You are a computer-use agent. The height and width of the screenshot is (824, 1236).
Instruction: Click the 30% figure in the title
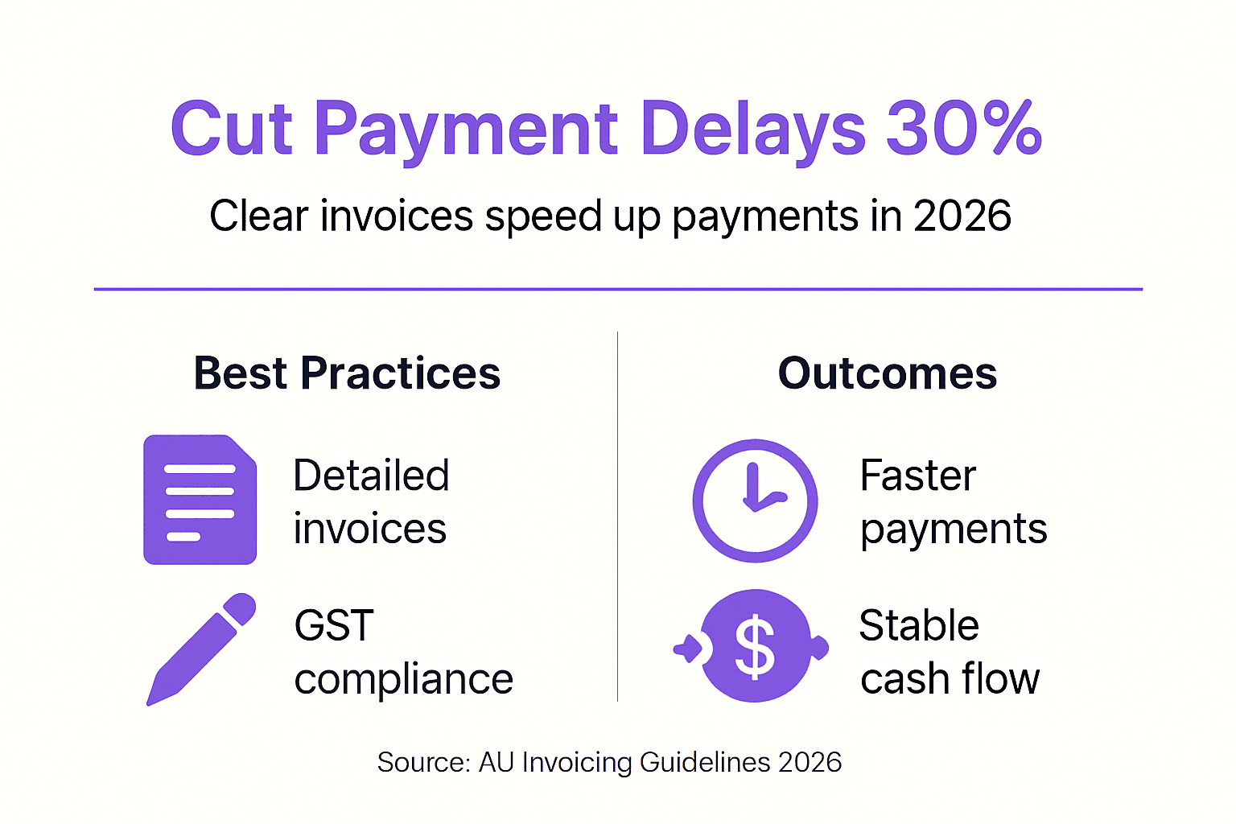(x=963, y=129)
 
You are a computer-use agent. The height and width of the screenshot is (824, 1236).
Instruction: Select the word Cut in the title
(x=231, y=129)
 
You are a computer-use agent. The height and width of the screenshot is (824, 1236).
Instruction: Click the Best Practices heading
(x=347, y=373)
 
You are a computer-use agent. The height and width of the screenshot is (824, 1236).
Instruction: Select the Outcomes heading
(x=887, y=373)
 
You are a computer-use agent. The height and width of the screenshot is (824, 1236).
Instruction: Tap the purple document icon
(x=200, y=500)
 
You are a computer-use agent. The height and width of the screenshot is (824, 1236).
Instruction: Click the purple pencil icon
(x=201, y=649)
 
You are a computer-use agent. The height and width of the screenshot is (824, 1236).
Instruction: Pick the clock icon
(x=755, y=500)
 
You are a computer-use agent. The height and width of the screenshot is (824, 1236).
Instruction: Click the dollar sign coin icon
(x=754, y=646)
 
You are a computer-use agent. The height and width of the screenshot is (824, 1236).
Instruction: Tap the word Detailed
(x=371, y=475)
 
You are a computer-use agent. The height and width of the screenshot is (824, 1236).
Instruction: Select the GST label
(x=334, y=625)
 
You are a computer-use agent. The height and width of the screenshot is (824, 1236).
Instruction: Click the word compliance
(x=403, y=679)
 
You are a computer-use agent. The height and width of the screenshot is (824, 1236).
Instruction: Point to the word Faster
(x=917, y=475)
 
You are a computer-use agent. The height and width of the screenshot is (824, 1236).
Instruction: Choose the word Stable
(x=918, y=625)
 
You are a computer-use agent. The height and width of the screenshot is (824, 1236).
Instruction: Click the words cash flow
(x=950, y=679)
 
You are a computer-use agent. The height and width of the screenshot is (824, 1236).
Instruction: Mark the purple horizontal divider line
(x=618, y=289)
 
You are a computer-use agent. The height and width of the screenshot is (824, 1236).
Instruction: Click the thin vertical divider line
(x=617, y=515)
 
